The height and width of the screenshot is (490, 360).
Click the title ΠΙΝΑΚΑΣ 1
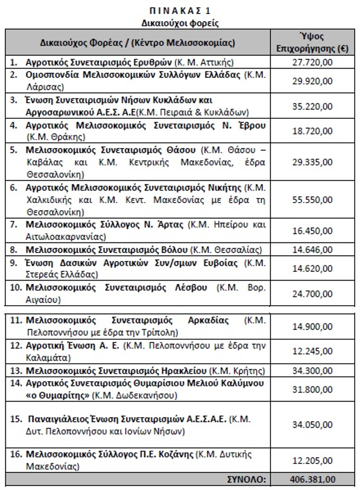point(179,10)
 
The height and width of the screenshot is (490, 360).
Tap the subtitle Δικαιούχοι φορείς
point(179,23)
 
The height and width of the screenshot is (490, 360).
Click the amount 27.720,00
point(312,62)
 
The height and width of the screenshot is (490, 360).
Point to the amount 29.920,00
point(312,80)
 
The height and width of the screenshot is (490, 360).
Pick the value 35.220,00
point(312,106)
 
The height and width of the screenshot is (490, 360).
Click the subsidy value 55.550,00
point(312,200)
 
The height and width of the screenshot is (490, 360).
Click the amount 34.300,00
point(312,371)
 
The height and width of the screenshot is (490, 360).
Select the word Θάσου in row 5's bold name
point(181,151)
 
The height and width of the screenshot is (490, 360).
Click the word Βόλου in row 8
point(173,250)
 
